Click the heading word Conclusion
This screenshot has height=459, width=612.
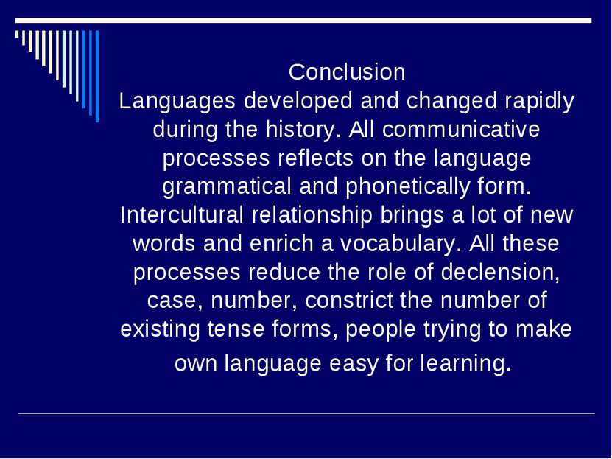347,72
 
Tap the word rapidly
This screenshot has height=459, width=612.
539,102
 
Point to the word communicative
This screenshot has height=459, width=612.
461,129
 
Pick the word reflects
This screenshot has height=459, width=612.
315,158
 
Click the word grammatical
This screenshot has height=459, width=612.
227,186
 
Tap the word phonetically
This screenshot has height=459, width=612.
407,186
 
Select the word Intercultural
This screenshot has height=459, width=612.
181,215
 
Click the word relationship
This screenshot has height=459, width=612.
312,215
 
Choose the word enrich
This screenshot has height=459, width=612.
281,244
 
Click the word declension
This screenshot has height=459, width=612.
500,272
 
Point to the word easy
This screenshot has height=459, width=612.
354,364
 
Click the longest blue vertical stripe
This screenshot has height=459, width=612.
97,76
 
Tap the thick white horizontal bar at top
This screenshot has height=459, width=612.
303,21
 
